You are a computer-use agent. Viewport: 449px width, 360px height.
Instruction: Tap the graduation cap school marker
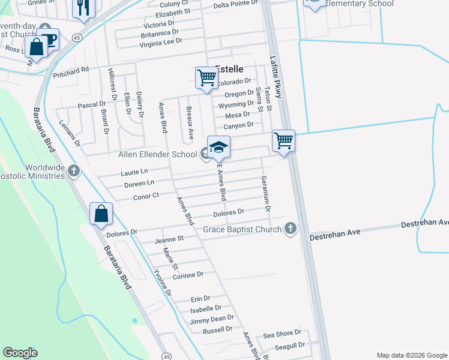(x=219, y=147)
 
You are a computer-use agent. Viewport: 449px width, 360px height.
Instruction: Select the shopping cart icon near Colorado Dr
(x=206, y=78)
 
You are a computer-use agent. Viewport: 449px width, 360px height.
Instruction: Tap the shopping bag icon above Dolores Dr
(x=101, y=213)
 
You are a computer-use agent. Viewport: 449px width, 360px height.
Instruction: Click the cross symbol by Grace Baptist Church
(x=290, y=229)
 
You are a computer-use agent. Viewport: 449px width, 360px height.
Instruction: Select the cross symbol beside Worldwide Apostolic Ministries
(x=73, y=171)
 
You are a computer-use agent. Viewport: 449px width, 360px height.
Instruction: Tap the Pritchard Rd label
(x=71, y=70)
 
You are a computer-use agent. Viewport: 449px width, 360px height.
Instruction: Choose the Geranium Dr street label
(x=265, y=193)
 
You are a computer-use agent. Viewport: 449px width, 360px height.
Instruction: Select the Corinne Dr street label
(x=188, y=274)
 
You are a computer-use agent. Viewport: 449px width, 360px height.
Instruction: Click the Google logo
(x=20, y=353)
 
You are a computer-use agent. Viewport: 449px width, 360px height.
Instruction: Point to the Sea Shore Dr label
(x=282, y=335)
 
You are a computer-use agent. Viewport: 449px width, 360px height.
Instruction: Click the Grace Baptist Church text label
(x=242, y=229)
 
